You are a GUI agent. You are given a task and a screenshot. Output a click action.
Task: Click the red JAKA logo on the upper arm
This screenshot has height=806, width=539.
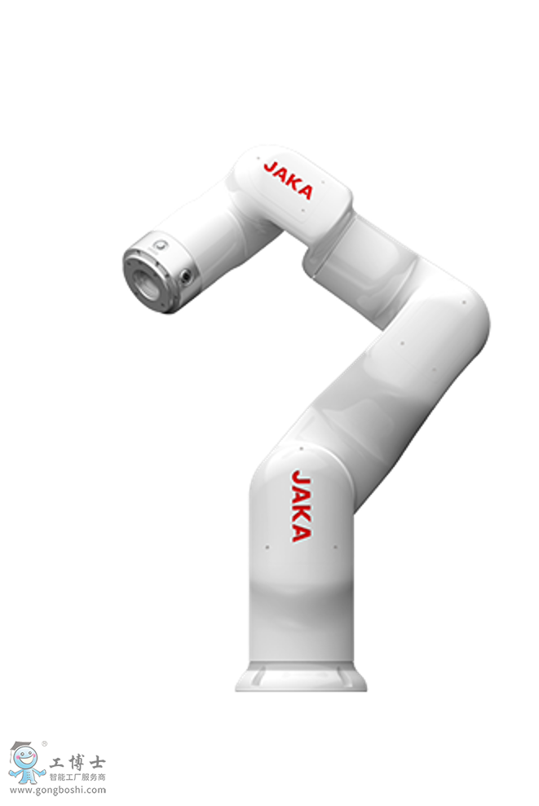[x=288, y=180]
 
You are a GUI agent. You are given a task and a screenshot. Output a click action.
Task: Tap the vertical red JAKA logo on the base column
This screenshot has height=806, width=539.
[x=301, y=506]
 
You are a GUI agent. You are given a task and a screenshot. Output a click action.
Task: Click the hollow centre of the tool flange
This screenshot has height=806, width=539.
[x=144, y=283]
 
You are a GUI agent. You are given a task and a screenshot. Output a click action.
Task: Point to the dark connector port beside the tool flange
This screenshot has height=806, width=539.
[x=186, y=276]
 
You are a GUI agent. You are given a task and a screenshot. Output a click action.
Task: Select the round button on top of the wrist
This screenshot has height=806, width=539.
[x=161, y=245]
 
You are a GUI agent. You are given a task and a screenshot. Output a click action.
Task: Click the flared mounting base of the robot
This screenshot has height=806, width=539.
[x=301, y=676]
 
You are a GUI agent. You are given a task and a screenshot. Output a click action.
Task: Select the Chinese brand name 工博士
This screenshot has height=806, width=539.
[x=77, y=762]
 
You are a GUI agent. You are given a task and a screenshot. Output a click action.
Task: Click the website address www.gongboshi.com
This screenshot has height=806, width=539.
[x=58, y=790]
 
